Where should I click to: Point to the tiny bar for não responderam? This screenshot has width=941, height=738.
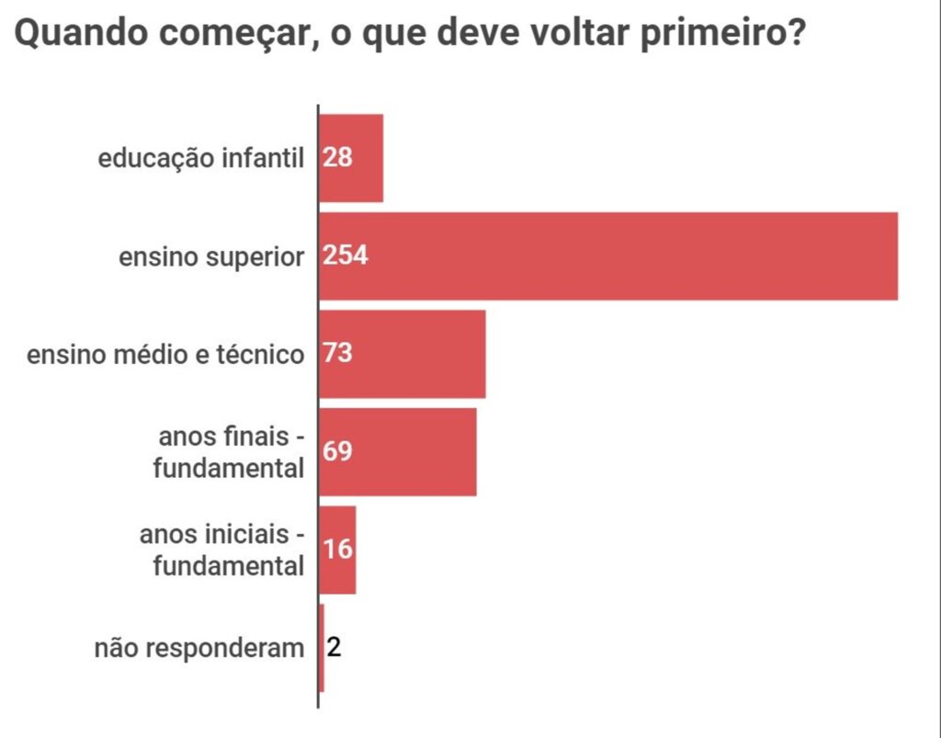pyautogui.click(x=321, y=648)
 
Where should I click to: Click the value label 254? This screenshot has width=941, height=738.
pyautogui.click(x=346, y=256)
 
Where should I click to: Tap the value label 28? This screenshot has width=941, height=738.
pyautogui.click(x=337, y=158)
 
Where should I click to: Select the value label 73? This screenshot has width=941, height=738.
pyautogui.click(x=337, y=354)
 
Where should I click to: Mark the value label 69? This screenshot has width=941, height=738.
pyautogui.click(x=337, y=451)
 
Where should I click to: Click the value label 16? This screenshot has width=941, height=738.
pyautogui.click(x=337, y=550)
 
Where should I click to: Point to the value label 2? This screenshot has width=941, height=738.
pyautogui.click(x=334, y=648)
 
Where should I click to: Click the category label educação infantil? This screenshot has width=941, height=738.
pyautogui.click(x=200, y=159)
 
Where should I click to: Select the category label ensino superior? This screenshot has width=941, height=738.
pyautogui.click(x=210, y=257)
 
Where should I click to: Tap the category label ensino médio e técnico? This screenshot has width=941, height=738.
pyautogui.click(x=165, y=355)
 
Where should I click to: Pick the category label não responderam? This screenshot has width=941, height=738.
pyautogui.click(x=198, y=649)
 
